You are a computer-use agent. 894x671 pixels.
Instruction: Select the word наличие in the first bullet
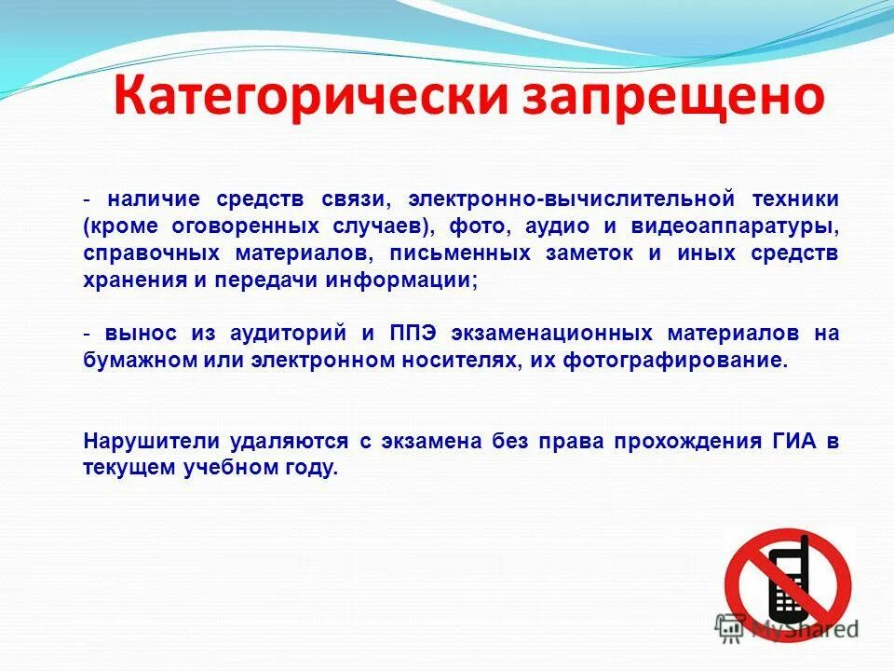coord(154,199)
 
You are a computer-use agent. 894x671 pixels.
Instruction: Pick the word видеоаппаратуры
coord(749,226)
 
